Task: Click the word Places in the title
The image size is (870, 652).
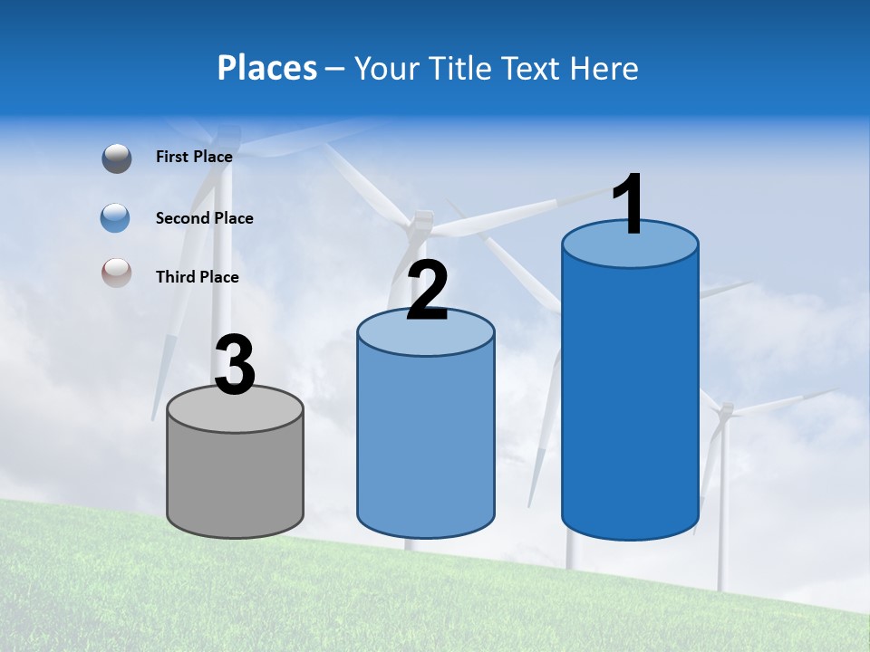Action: (x=267, y=68)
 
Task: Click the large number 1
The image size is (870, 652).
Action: (x=628, y=206)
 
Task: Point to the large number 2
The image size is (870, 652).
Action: (x=427, y=291)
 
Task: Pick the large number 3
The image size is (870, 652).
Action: (x=235, y=366)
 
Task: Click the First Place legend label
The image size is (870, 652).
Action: (x=194, y=157)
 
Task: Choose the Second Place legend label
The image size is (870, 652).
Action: (x=204, y=218)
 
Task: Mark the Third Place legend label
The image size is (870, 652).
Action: (x=198, y=277)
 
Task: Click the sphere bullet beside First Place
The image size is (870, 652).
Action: (x=117, y=158)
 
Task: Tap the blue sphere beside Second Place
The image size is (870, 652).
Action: (x=117, y=218)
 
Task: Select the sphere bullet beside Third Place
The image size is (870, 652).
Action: (x=117, y=273)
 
